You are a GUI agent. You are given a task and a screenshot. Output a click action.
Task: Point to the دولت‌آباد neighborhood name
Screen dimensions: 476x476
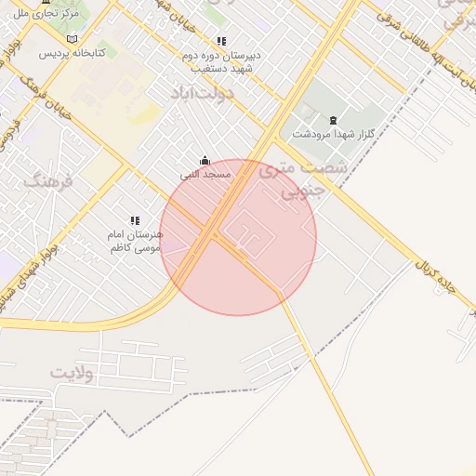203,94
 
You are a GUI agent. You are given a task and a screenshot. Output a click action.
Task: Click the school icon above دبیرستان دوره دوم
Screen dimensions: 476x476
221,41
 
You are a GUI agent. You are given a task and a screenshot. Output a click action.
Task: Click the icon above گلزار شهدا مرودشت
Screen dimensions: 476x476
333,120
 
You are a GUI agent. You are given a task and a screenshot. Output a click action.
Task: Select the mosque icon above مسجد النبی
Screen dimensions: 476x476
205,160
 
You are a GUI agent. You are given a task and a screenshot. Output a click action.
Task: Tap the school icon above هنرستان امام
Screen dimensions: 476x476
135,220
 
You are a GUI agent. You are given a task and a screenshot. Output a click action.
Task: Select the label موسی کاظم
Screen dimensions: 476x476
136,248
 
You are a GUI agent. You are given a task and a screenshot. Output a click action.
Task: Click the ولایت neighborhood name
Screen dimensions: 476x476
74,373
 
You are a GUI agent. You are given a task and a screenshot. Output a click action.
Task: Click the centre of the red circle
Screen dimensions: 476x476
239,237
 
